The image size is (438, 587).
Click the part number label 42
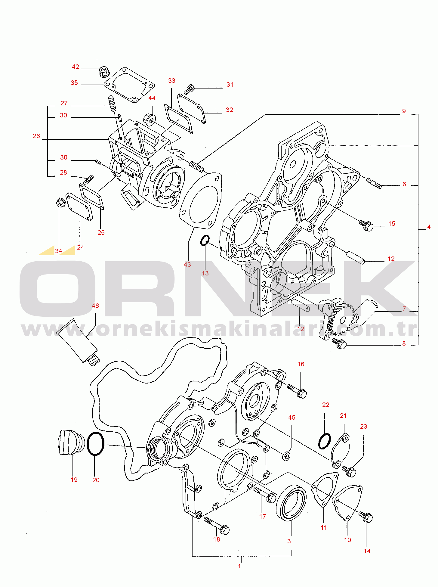point(76,67)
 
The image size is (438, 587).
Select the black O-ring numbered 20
point(96,444)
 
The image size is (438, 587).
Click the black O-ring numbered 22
point(325,441)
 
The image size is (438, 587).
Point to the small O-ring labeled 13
point(205,241)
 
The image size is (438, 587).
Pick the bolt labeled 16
point(297,390)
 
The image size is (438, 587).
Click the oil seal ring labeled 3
point(291,502)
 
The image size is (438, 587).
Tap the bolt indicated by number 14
point(366,517)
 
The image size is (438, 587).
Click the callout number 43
point(187,264)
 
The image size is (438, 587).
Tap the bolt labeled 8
point(339,343)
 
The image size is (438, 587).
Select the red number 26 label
point(36,136)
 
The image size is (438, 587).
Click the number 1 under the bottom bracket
point(239,566)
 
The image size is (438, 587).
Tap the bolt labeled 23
point(349,471)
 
